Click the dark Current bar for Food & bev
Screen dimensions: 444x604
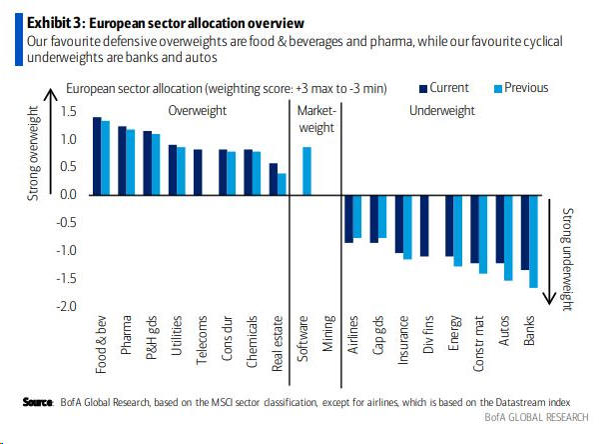point(97,156)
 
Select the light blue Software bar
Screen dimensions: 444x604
point(306,171)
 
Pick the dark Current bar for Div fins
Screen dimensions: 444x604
point(423,226)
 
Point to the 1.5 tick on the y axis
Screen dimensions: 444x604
point(69,111)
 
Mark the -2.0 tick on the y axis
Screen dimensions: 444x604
point(66,306)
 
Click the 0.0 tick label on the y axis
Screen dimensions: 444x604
point(69,194)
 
